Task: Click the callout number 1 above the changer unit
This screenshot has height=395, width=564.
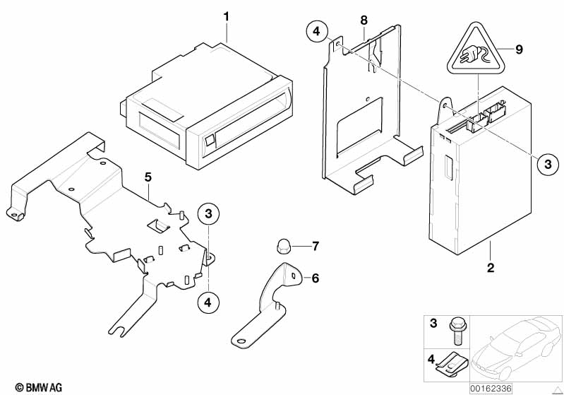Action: click(x=227, y=16)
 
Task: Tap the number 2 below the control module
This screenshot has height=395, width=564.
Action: click(x=491, y=268)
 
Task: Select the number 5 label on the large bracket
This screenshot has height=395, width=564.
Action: click(x=148, y=177)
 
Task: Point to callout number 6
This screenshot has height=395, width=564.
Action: click(x=315, y=278)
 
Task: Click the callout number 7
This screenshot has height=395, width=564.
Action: click(x=315, y=246)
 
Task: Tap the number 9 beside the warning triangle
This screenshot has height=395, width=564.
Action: click(x=519, y=49)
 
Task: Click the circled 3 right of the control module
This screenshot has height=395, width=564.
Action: click(x=546, y=164)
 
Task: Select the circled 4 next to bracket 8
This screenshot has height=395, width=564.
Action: click(x=318, y=32)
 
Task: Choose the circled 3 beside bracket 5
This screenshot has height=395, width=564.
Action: click(x=209, y=213)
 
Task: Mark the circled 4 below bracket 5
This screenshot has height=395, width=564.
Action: click(x=208, y=302)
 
